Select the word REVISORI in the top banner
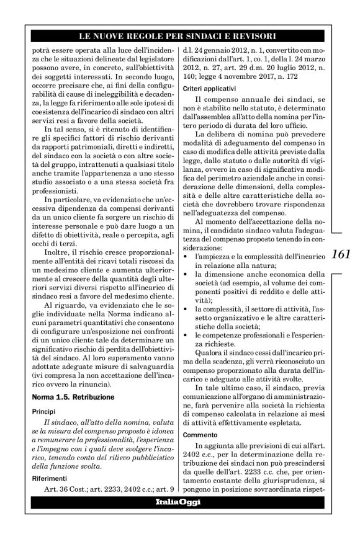[248, 37]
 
